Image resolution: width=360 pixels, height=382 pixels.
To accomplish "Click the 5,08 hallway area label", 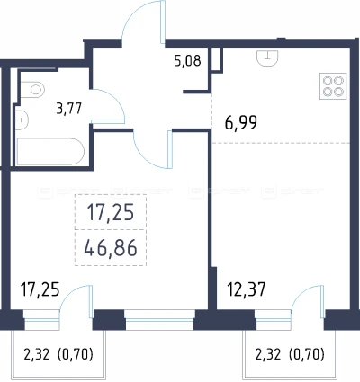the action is pyautogui.click(x=187, y=61).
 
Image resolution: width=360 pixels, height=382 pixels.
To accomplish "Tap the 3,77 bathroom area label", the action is pyautogui.click(x=69, y=108).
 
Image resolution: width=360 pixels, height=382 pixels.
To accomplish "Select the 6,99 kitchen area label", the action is pyautogui.click(x=241, y=123).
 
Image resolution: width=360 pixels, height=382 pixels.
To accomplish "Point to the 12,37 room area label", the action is pyautogui.click(x=247, y=289).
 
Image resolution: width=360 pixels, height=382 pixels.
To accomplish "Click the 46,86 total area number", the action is pyautogui.click(x=111, y=248).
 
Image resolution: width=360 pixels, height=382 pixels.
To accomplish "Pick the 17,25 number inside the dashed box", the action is pyautogui.click(x=111, y=213).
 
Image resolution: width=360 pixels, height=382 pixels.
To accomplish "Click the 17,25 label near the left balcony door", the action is pyautogui.click(x=40, y=289).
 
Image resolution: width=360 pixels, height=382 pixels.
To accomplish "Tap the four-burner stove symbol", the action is pyautogui.click(x=333, y=86).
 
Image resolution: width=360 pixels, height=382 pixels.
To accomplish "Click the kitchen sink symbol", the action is pyautogui.click(x=267, y=58).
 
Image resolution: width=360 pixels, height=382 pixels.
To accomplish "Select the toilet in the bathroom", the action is pyautogui.click(x=33, y=89).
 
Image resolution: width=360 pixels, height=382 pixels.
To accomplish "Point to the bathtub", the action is pyautogui.click(x=50, y=151).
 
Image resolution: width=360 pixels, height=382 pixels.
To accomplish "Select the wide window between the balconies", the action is pyautogui.click(x=159, y=320).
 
